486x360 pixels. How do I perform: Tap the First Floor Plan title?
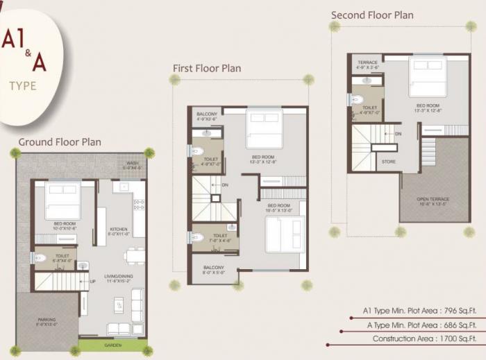(207, 68)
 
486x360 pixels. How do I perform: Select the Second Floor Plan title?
(372, 15)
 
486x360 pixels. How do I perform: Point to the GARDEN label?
(113, 345)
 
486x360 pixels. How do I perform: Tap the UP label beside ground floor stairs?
(92, 282)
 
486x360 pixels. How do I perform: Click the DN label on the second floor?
(398, 133)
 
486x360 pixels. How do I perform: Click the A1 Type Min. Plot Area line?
(420, 311)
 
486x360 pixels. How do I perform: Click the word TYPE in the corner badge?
(23, 86)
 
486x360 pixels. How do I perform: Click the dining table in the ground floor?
(135, 256)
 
